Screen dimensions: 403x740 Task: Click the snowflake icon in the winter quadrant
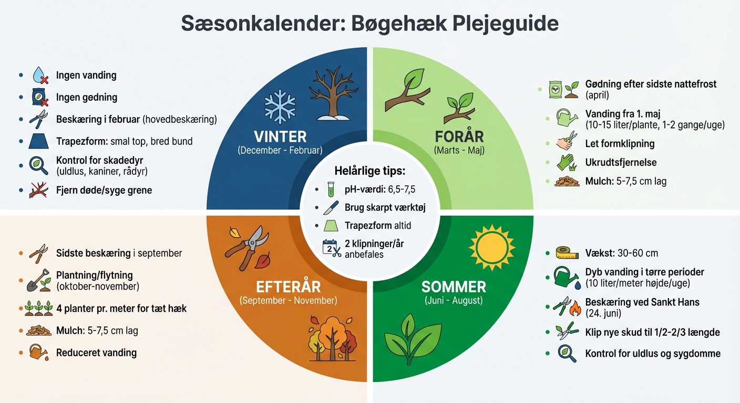click(280, 106)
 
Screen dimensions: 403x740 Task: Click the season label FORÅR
click(459, 137)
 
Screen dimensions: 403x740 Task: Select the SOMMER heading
click(454, 287)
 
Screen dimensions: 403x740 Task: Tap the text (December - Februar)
click(280, 151)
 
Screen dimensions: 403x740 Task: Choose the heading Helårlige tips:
click(370, 171)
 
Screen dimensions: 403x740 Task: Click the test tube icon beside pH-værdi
click(331, 189)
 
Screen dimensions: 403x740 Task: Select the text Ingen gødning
click(86, 97)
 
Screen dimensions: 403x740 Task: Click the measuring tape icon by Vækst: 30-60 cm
click(563, 253)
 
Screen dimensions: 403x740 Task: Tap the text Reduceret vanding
click(96, 353)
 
